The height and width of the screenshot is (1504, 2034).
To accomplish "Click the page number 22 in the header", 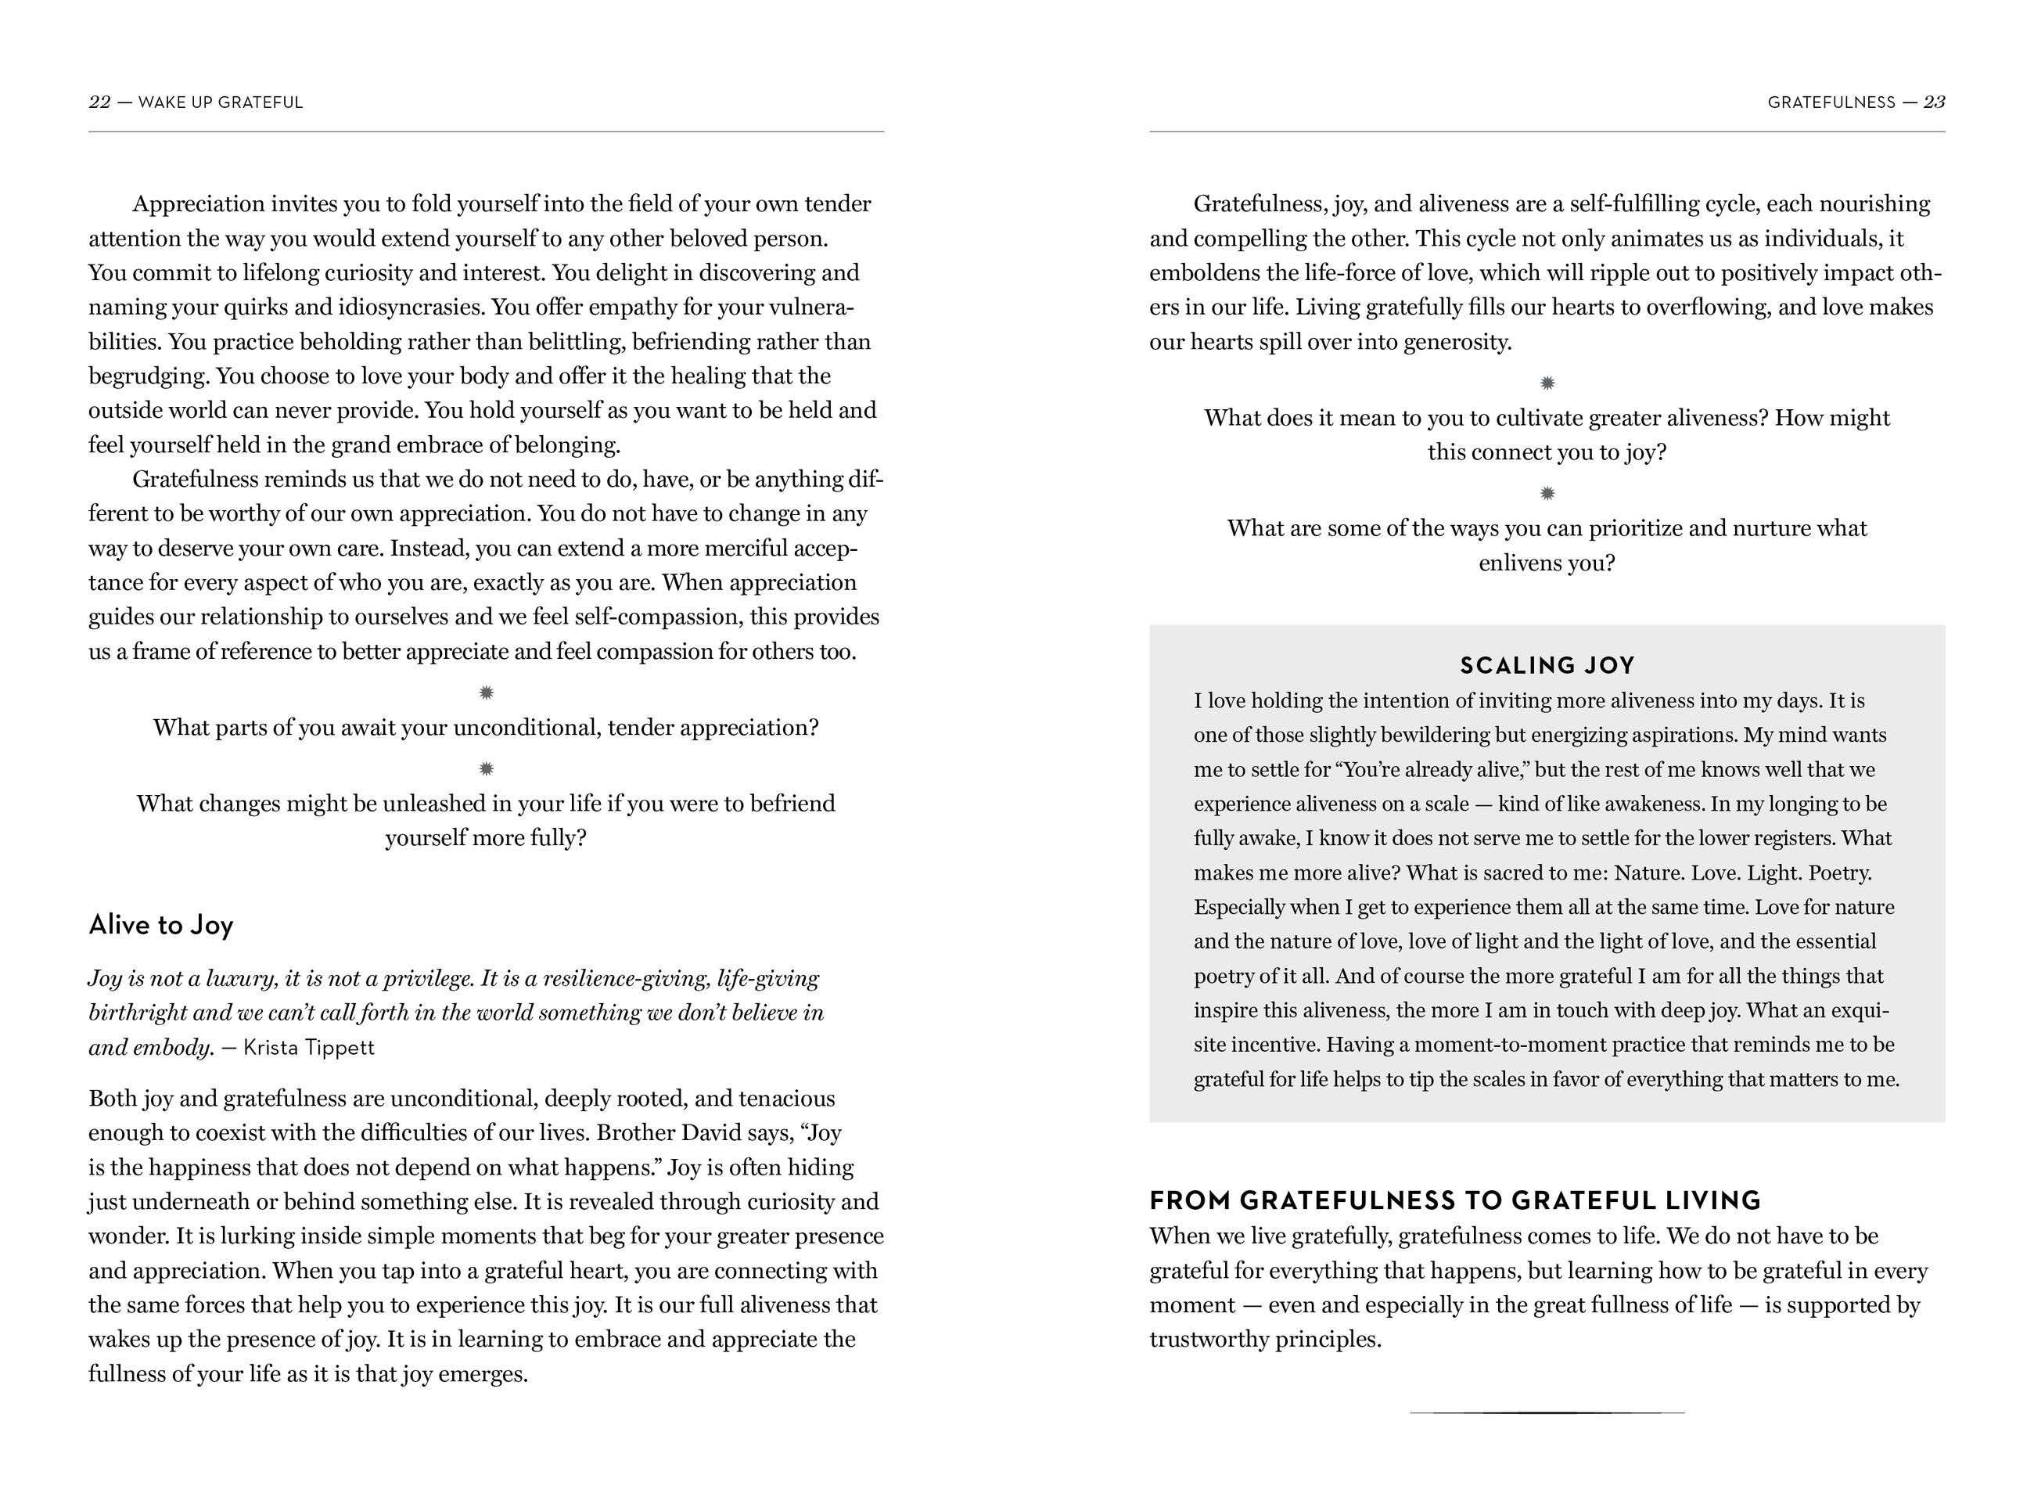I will point(99,103).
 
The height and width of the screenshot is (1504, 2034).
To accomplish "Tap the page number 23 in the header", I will point(1934,103).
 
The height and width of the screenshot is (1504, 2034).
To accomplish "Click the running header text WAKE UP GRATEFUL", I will point(221,103).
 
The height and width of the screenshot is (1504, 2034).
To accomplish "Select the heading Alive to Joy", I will point(161,925).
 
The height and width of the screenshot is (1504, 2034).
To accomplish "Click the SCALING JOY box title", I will point(1547,665).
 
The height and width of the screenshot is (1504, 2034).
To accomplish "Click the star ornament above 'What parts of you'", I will point(486,693).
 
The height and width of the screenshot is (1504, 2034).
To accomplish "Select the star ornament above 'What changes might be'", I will point(486,768).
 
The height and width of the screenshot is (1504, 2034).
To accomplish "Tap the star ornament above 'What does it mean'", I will point(1547,383).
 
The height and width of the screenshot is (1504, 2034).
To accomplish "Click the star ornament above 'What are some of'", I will point(1547,494).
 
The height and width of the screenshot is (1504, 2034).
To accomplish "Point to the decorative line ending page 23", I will point(1547,1412).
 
